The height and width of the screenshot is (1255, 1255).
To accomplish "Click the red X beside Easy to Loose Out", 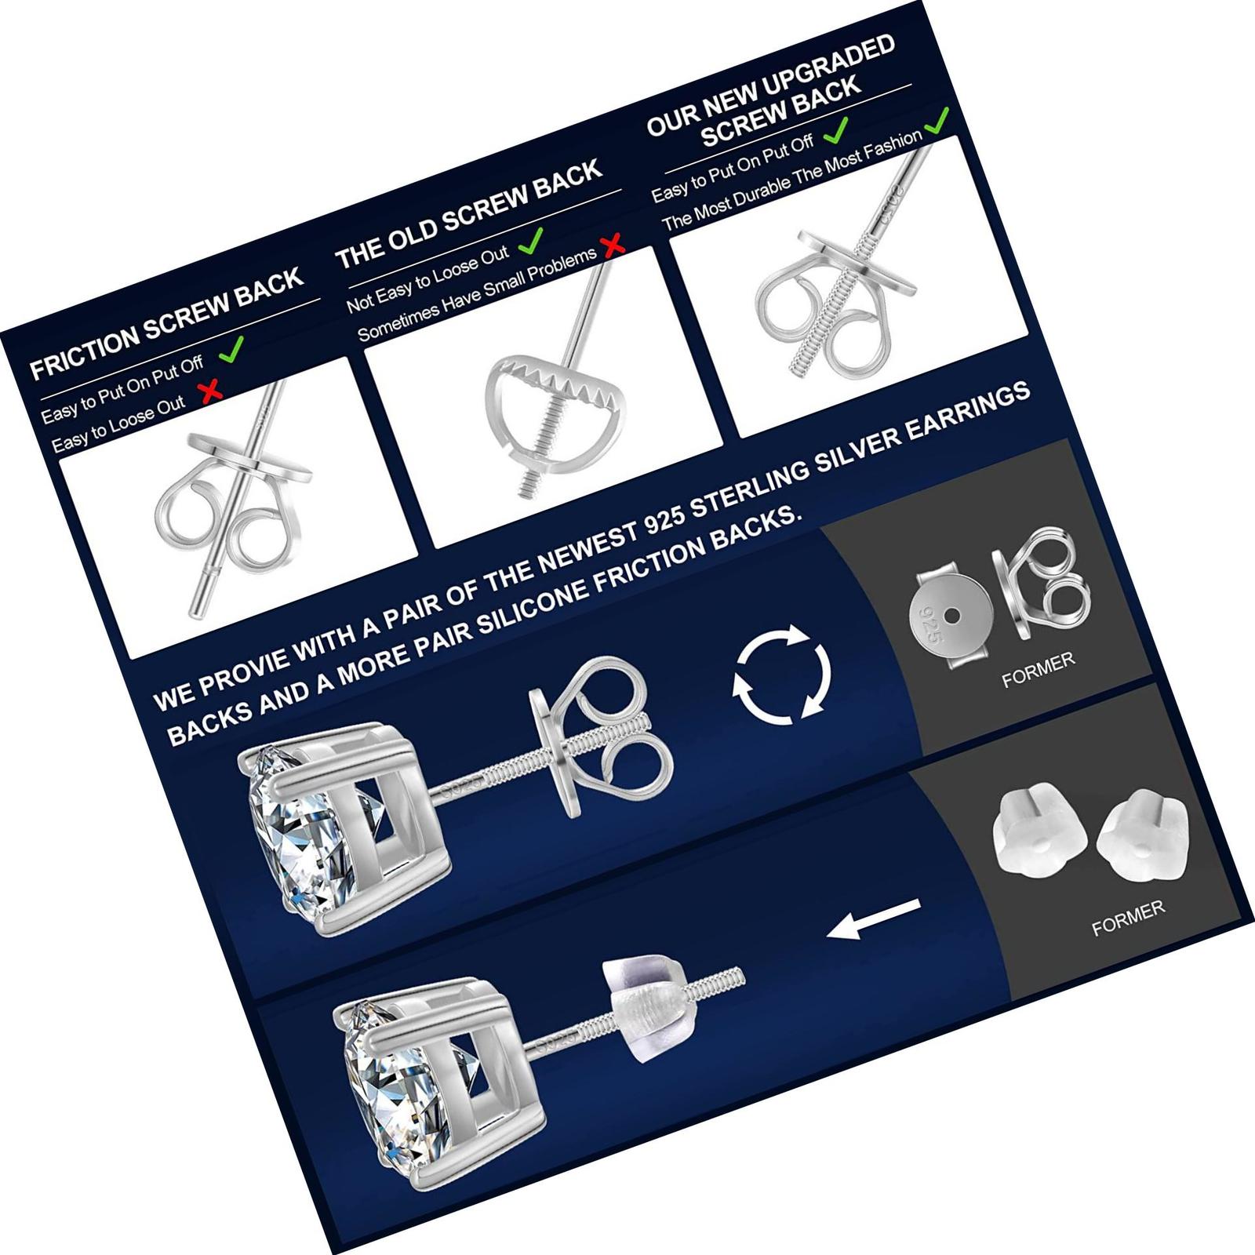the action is click(x=210, y=390).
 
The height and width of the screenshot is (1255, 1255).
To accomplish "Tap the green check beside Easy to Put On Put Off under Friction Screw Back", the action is click(x=231, y=349).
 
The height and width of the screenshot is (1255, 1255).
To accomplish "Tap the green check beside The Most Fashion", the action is click(x=937, y=121).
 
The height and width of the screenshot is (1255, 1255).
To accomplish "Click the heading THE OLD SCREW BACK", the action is click(x=468, y=213).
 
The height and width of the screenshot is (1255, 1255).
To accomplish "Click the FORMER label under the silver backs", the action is click(x=1038, y=670).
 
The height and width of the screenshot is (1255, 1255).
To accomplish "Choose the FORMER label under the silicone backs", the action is click(x=1128, y=918).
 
